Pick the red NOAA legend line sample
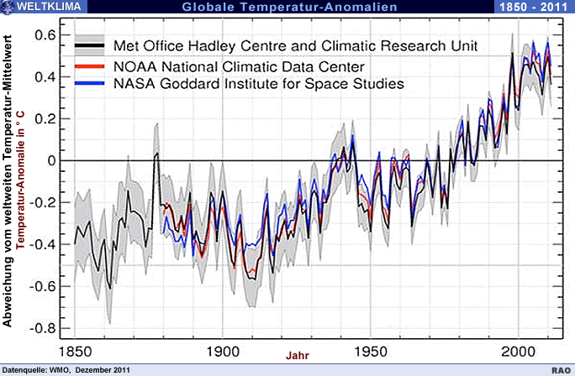pyautogui.click(x=91, y=65)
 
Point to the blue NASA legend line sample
pyautogui.click(x=91, y=84)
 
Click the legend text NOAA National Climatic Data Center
pyautogui.click(x=239, y=65)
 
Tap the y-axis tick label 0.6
pyautogui.click(x=45, y=35)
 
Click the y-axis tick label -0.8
pyautogui.click(x=43, y=327)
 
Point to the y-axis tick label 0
pyautogui.click(x=50, y=160)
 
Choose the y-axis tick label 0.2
pyautogui.click(x=45, y=118)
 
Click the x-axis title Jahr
pyautogui.click(x=297, y=356)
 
